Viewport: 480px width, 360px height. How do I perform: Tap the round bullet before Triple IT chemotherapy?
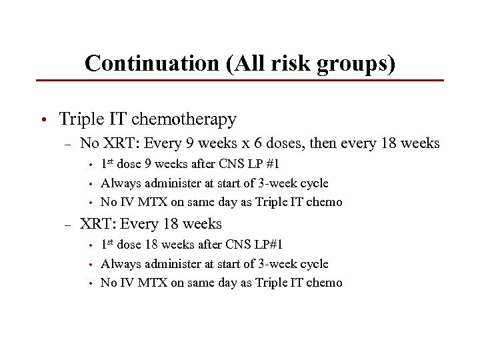pyautogui.click(x=42, y=120)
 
